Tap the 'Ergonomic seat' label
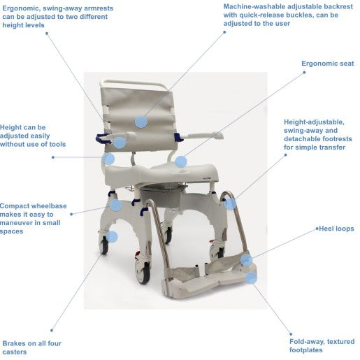point(328,64)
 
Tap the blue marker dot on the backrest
point(141,122)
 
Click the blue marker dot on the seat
point(181,161)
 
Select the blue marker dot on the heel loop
point(246,260)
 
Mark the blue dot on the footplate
point(251,278)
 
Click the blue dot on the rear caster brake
point(112,237)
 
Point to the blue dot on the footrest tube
point(230,204)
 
